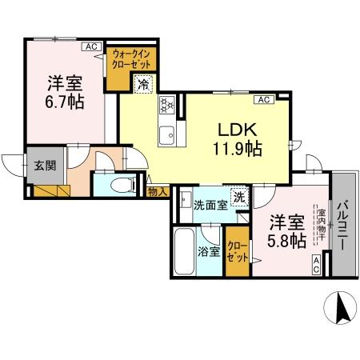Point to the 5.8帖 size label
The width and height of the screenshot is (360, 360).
click(286, 239)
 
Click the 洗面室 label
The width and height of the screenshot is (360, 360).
click(209, 205)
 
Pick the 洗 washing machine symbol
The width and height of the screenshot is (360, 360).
click(239, 196)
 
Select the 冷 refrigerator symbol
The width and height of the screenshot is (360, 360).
click(144, 83)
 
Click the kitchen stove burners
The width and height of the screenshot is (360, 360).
click(168, 104)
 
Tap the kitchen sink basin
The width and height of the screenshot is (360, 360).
click(168, 133)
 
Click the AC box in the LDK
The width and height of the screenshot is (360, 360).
click(263, 100)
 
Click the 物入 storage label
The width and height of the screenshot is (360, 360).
click(158, 191)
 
